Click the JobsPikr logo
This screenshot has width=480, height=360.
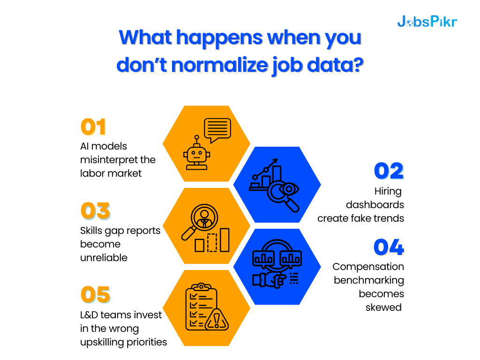coord(427,21)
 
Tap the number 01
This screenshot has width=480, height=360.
coord(94,127)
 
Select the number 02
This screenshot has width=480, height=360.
coord(389,172)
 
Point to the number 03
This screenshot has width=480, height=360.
coord(95,211)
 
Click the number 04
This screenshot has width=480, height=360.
coord(389,248)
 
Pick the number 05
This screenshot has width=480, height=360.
coord(95,295)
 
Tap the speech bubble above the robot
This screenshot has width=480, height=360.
coord(217,129)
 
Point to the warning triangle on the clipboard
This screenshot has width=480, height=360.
coord(217,320)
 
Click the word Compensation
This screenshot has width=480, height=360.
coord(368,267)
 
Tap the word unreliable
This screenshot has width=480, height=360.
coord(104,258)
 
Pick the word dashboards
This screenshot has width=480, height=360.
coord(375,205)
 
